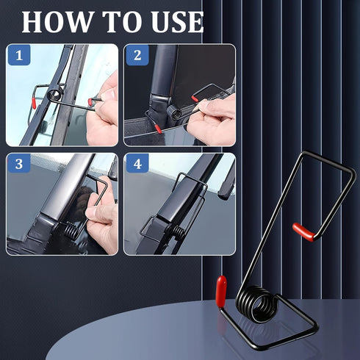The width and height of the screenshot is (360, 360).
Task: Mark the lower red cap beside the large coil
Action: pyautogui.click(x=220, y=287)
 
